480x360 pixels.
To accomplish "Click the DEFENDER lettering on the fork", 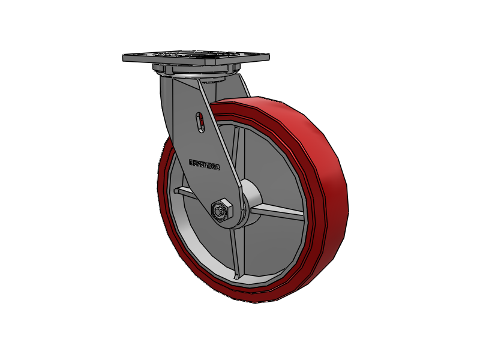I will [x=204, y=163].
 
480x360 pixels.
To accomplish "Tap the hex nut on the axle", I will [x=220, y=209].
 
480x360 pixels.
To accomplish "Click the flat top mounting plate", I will [x=192, y=58].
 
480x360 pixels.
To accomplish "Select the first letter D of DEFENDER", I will [x=191, y=162].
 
